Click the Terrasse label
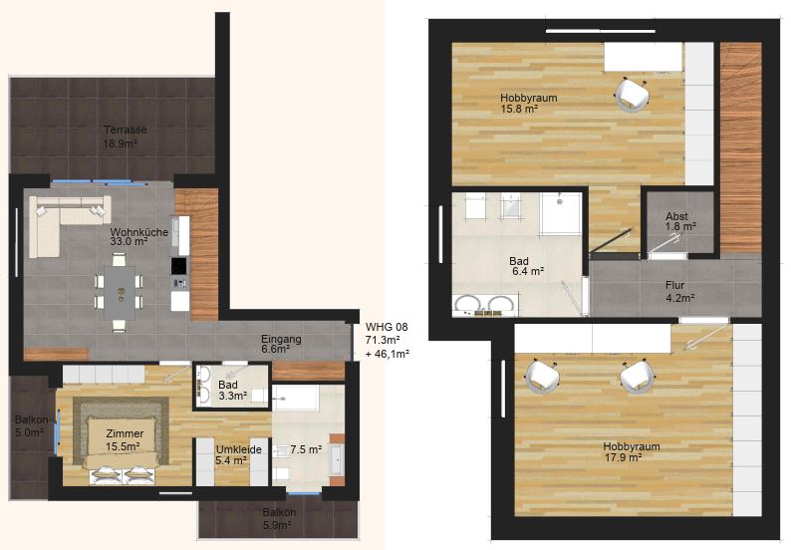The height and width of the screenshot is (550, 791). (x=126, y=130)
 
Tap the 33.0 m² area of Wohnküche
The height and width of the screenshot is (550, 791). (x=129, y=242)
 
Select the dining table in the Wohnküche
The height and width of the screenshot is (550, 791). (x=120, y=293)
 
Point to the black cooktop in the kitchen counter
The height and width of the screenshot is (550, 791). (x=179, y=266)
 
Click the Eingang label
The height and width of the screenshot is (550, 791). (x=281, y=339)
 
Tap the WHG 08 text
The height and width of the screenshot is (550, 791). (x=387, y=327)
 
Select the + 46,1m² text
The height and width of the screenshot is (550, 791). (x=387, y=354)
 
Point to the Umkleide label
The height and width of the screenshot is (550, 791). (x=239, y=449)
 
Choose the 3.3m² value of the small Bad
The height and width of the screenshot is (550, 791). (x=232, y=396)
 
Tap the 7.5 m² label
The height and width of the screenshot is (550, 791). (x=306, y=449)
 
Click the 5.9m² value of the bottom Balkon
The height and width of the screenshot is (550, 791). (x=277, y=525)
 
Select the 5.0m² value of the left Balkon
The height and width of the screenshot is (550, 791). (x=29, y=431)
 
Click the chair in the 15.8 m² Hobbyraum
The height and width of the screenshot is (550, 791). (x=632, y=94)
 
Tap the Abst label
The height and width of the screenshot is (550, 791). (x=676, y=216)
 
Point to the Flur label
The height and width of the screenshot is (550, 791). (x=675, y=286)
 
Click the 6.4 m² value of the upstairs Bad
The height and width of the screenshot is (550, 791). (x=528, y=271)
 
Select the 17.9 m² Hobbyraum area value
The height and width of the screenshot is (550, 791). (x=623, y=457)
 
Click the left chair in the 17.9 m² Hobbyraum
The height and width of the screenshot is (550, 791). (x=543, y=376)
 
